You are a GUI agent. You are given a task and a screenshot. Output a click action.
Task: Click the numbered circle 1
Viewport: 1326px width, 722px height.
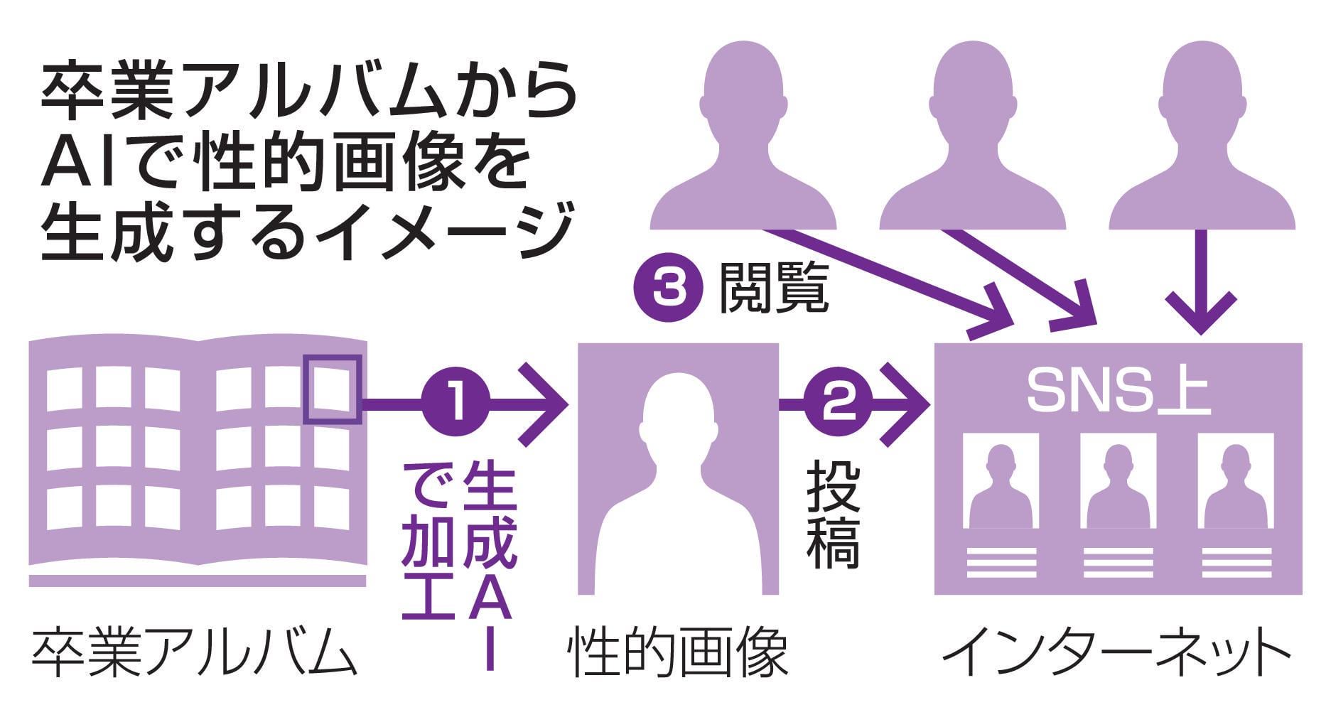(456, 404)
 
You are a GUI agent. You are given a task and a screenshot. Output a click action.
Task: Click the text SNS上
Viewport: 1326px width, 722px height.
(1119, 392)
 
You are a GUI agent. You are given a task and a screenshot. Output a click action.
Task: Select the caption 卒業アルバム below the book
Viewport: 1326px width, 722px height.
(193, 651)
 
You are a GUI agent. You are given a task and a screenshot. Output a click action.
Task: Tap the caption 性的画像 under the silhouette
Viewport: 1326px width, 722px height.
(678, 651)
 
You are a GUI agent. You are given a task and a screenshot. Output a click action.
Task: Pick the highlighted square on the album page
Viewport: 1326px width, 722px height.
(333, 389)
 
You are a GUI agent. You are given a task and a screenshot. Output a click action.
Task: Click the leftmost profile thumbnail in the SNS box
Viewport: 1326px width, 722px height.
(1001, 483)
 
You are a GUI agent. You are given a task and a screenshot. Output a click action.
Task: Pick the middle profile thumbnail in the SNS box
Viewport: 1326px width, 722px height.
(1118, 483)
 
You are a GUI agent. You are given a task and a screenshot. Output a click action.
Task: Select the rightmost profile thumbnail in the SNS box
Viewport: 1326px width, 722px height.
(1235, 483)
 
